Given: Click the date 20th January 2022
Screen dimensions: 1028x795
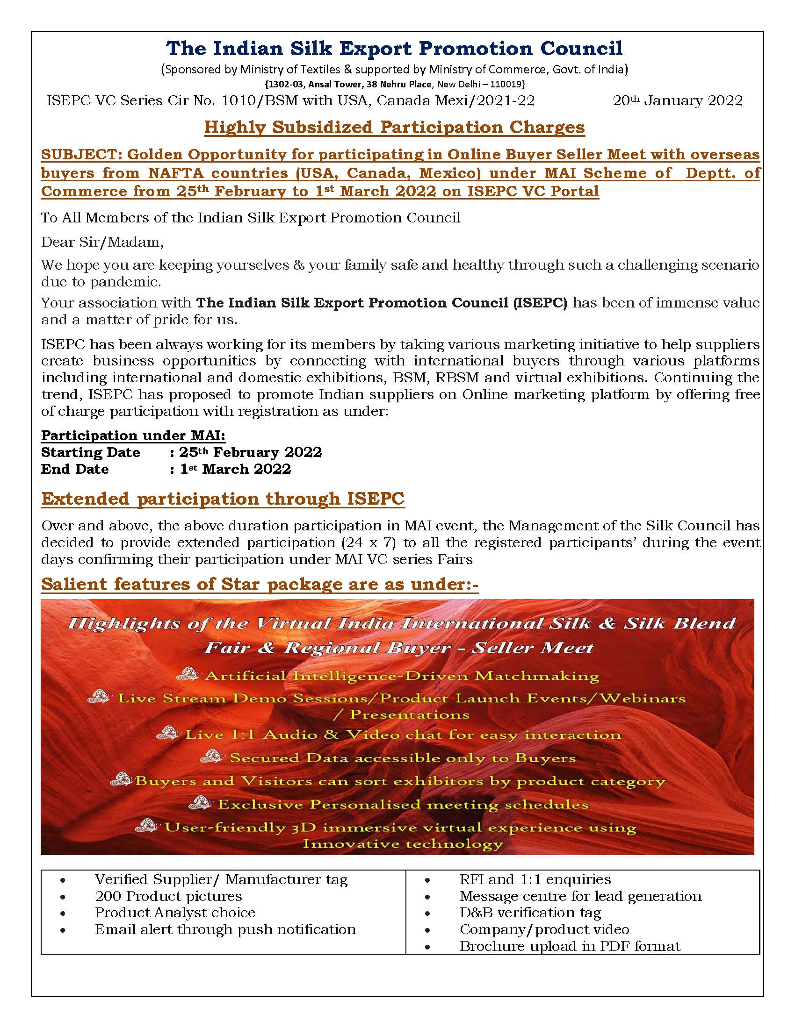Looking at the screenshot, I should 677,101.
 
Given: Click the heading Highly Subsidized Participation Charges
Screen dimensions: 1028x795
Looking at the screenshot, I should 394,128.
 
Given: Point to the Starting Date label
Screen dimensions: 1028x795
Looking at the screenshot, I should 90,453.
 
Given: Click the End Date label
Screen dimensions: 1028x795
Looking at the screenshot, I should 75,469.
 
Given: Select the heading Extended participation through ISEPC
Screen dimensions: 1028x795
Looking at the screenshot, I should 223,499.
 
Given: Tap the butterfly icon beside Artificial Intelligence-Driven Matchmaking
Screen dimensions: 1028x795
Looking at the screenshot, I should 187,674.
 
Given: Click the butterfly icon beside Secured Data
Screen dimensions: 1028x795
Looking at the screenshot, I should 211,757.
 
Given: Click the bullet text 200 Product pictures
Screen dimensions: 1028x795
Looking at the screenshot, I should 168,896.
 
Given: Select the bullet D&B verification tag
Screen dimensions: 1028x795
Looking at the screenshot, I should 530,913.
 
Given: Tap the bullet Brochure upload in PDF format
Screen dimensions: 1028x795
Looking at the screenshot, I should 570,946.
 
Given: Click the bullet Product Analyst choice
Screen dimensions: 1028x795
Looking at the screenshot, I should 175,913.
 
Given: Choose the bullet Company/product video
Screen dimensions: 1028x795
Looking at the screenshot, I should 544,929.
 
